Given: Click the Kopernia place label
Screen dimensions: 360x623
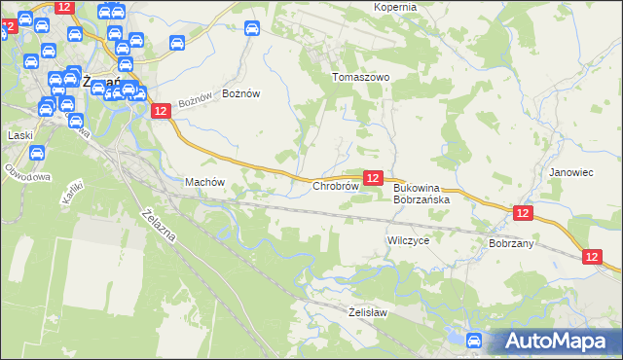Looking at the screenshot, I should (395, 7).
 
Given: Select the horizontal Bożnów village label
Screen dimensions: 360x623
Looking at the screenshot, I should (241, 93).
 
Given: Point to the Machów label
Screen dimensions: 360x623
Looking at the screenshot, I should (204, 182).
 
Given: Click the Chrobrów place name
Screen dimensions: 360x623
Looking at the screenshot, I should (336, 185).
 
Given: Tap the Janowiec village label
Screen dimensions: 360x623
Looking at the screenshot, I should (570, 172).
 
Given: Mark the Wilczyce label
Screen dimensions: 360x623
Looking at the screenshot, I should (408, 239).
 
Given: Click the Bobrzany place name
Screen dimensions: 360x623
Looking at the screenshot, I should (512, 243).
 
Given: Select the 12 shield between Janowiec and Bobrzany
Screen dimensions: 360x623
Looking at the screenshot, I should (523, 213).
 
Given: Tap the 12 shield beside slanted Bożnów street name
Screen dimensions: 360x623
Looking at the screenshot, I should (162, 112).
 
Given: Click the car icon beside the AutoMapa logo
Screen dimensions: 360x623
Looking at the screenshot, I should (474, 340).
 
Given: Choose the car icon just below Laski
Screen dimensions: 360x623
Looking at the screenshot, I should (37, 153).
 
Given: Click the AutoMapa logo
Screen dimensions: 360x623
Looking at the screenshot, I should (557, 341).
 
